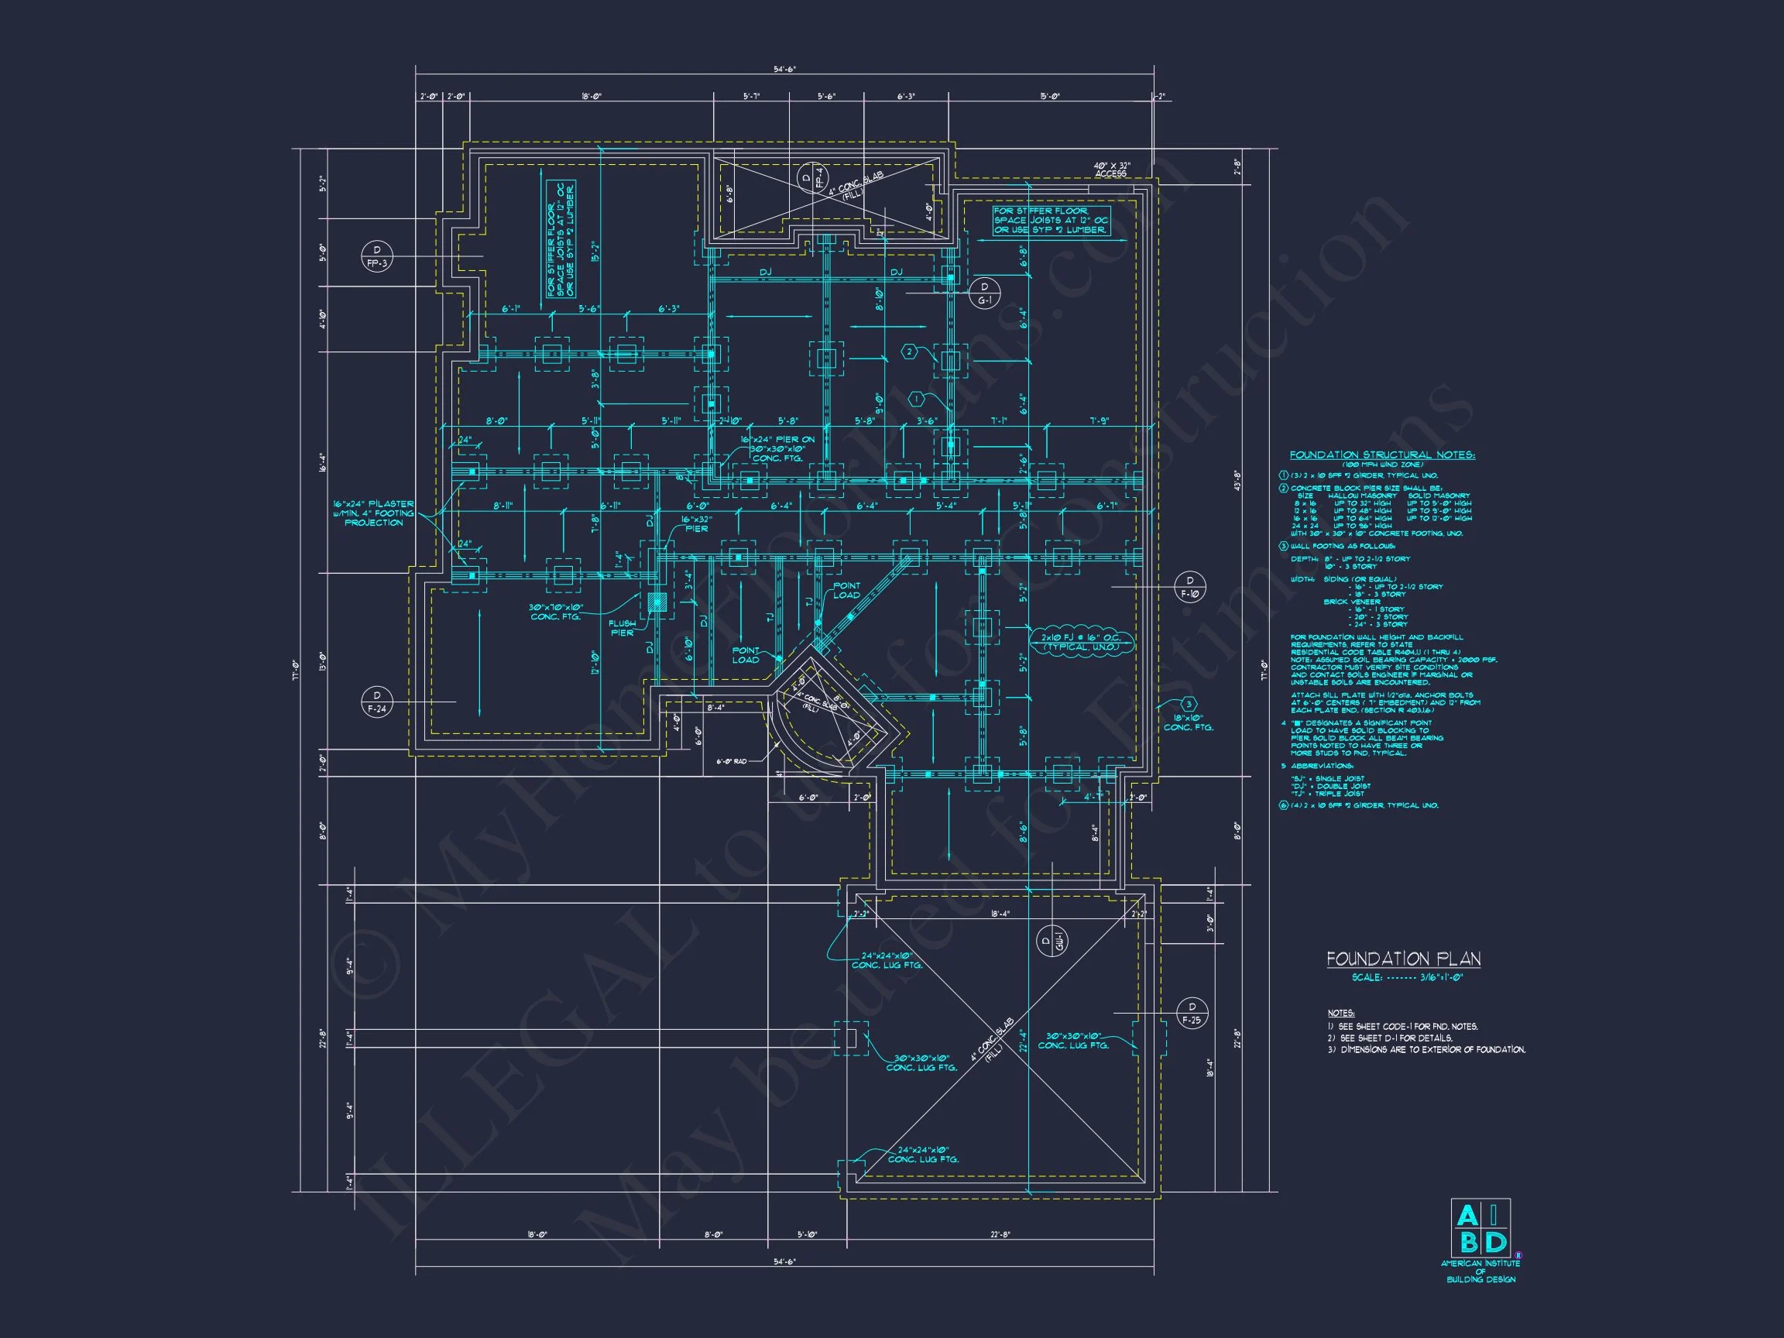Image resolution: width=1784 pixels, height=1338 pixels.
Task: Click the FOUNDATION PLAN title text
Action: [1403, 959]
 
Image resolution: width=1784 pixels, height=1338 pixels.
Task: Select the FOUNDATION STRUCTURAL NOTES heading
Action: [1382, 455]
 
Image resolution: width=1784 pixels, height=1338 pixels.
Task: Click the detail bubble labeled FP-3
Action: [376, 256]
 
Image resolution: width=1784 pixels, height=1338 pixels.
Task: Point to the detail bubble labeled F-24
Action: [376, 702]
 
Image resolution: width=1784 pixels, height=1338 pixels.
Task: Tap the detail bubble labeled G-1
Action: [984, 293]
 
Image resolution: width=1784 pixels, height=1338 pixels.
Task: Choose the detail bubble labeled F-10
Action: [1190, 587]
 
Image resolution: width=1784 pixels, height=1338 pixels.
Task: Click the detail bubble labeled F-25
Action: [1190, 1013]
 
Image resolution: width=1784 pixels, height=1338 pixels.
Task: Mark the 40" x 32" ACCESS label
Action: [1111, 170]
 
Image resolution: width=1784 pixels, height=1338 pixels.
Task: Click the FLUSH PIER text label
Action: [622, 627]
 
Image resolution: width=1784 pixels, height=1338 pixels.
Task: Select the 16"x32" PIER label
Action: [696, 523]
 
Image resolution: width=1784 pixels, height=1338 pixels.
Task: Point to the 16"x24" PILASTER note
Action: [373, 513]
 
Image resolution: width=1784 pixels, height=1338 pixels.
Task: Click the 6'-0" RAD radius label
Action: [731, 760]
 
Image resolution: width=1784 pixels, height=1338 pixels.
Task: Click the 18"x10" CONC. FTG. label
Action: [1187, 722]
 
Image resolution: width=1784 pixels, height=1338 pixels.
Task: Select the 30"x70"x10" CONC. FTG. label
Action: [556, 612]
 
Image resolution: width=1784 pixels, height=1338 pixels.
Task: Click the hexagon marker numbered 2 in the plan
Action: [909, 352]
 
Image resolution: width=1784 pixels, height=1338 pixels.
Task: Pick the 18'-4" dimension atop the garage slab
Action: [1000, 914]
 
